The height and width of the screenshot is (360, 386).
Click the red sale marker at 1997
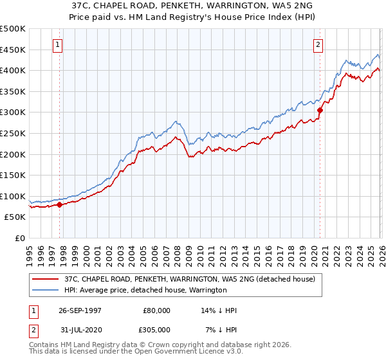[60, 205]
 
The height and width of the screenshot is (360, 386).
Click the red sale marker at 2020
[320, 110]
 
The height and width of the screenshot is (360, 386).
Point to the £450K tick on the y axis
[13, 50]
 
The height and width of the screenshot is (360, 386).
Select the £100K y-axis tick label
[13, 196]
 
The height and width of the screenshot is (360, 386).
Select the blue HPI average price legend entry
[145, 290]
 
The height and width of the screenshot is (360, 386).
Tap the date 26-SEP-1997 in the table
[80, 310]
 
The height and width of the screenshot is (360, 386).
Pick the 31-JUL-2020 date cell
[80, 330]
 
